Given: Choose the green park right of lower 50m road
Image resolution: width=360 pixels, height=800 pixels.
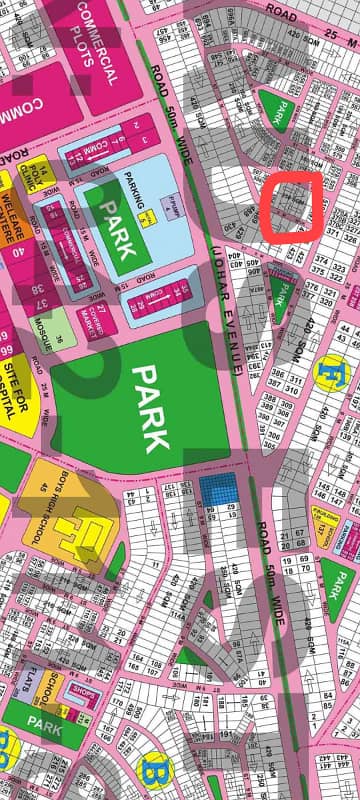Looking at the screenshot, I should point(336,581).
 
